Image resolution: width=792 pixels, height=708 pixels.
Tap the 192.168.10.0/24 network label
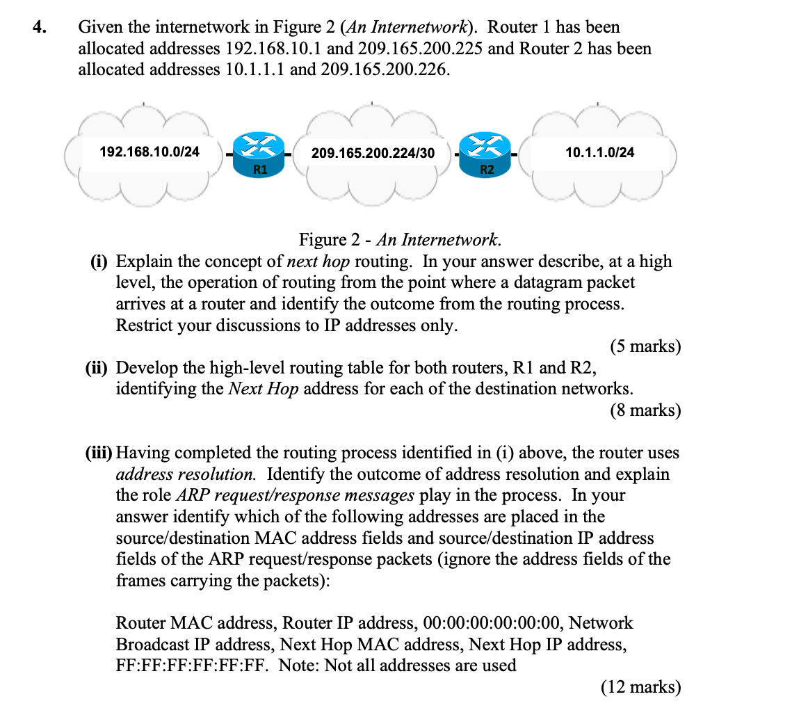149,151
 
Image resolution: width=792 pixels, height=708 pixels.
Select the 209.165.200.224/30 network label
373,152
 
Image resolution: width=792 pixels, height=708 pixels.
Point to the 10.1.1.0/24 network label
600,152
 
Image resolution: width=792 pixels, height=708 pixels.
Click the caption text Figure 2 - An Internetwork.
399,240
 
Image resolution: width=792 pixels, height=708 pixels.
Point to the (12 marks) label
640,687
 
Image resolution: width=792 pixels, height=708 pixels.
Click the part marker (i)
101,262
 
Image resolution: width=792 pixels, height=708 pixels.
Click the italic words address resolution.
186,474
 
